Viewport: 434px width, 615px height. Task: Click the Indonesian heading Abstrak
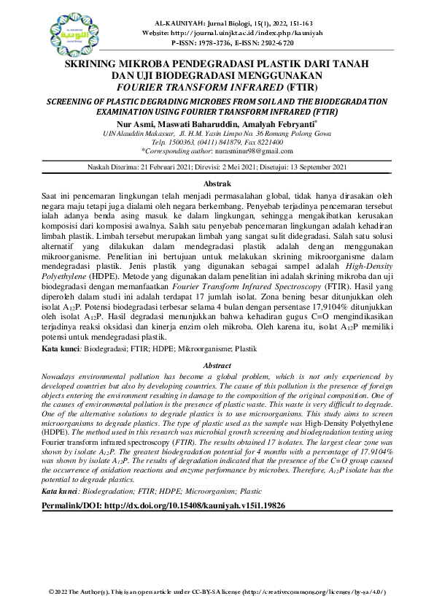217,183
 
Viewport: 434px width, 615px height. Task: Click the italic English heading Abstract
217,365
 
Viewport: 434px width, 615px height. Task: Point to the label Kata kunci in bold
61,350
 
